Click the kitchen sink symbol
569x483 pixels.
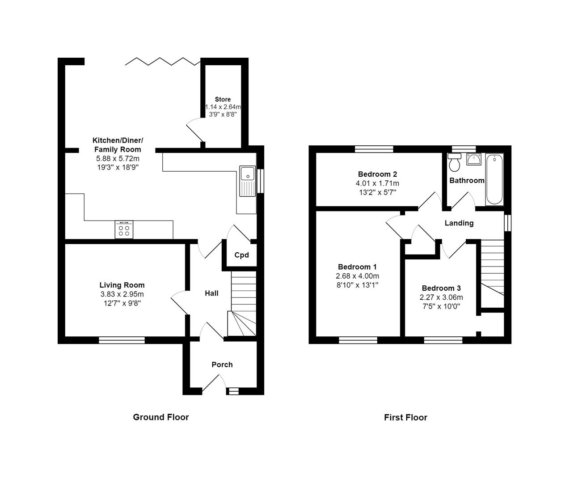point(247,181)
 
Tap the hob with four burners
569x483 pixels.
point(124,230)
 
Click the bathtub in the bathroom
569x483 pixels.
point(494,179)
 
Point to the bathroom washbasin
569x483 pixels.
point(473,159)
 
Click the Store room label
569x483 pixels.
point(223,99)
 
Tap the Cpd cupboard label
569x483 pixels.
point(241,255)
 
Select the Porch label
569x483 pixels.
point(222,364)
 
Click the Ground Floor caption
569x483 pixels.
point(161,417)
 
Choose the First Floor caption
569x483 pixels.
point(405,417)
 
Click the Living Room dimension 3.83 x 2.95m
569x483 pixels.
point(122,294)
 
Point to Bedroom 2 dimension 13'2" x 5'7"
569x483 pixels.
point(377,192)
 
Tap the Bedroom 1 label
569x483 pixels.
point(357,267)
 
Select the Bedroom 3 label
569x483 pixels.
point(441,288)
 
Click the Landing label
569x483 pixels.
point(459,223)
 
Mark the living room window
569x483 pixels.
point(122,340)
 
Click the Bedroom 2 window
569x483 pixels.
point(374,149)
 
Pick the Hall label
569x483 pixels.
point(211,293)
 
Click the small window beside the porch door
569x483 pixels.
point(233,391)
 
